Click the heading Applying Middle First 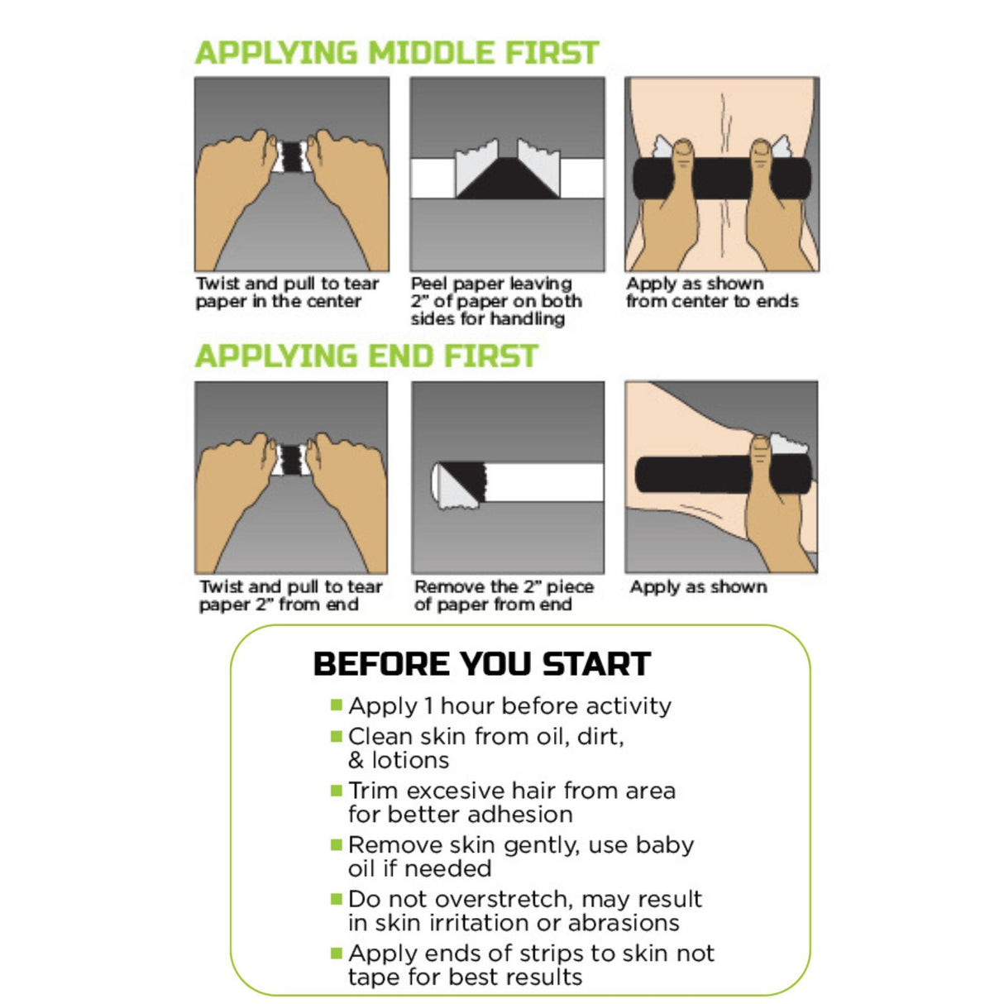396,53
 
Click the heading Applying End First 366,356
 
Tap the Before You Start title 481,664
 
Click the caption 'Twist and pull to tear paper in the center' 287,293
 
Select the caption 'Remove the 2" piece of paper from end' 504,595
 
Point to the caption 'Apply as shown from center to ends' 711,293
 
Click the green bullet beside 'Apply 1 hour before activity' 337,705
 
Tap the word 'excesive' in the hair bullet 456,791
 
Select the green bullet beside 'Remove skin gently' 337,844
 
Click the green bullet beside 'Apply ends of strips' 337,953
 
